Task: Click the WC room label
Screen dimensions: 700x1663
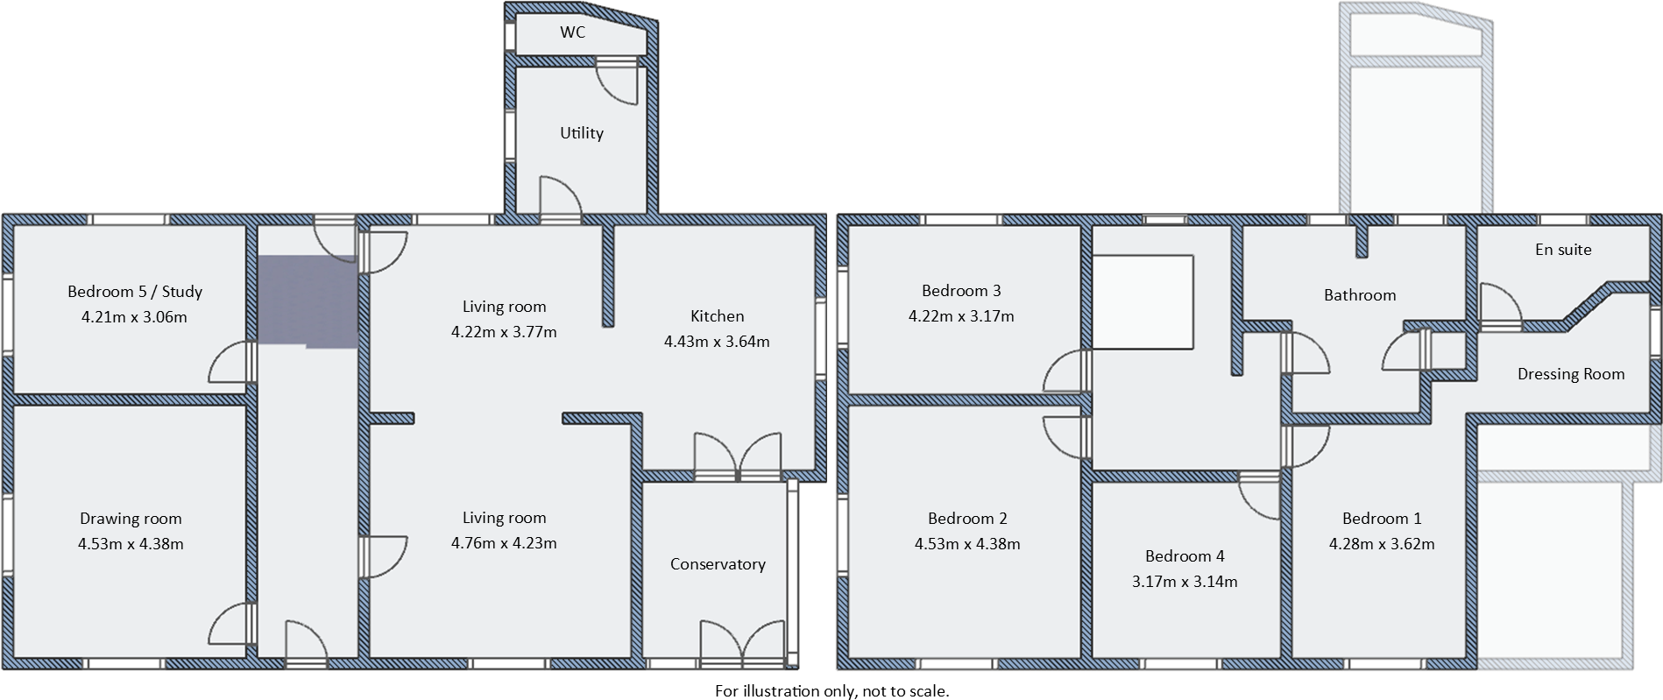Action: tap(572, 32)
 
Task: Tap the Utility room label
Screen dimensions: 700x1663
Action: tap(582, 133)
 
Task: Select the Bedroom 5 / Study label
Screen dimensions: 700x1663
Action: tap(135, 292)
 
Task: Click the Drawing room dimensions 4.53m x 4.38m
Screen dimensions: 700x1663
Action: tap(131, 544)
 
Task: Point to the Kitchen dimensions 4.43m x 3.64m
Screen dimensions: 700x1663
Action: tap(717, 342)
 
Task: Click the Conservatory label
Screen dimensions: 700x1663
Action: tap(718, 564)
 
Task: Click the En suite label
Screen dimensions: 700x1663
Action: tap(1563, 250)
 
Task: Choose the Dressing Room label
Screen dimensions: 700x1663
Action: tap(1571, 375)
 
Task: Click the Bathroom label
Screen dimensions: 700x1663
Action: tap(1360, 295)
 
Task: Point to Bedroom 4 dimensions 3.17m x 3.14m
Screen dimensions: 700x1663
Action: tap(1185, 582)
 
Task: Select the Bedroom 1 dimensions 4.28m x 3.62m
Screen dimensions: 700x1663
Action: tap(1382, 544)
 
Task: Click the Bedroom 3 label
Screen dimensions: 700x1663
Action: tap(961, 291)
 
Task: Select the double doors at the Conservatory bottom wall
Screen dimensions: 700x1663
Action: tap(742, 644)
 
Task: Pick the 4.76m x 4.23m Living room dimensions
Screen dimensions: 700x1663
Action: tap(504, 543)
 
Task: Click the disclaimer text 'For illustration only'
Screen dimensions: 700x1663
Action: tap(831, 691)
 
